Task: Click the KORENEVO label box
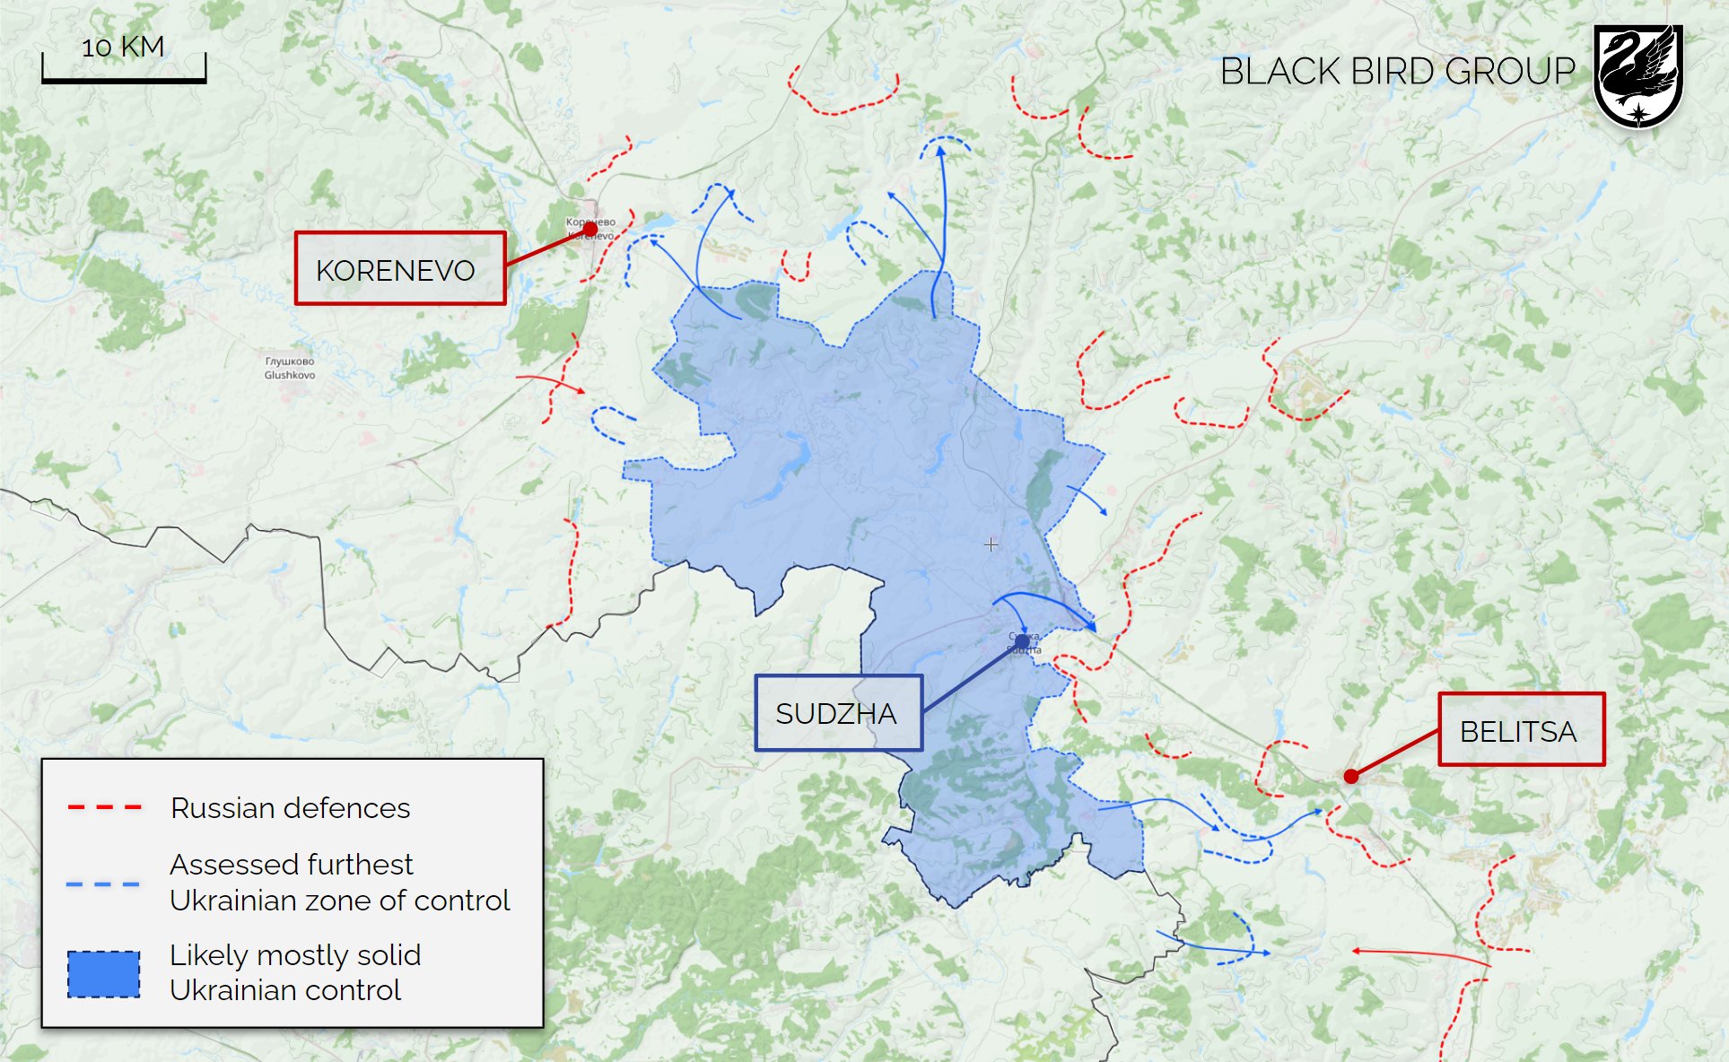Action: pyautogui.click(x=400, y=269)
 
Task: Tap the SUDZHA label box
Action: pyautogui.click(x=838, y=713)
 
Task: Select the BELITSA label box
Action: pyautogui.click(x=1521, y=729)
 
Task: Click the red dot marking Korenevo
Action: pyautogui.click(x=589, y=231)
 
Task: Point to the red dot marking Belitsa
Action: pyautogui.click(x=1350, y=777)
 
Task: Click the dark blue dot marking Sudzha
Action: pyautogui.click(x=1022, y=641)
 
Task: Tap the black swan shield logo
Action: pyautogui.click(x=1637, y=76)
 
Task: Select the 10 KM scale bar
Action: pyautogui.click(x=124, y=79)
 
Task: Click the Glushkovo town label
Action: pyautogui.click(x=290, y=369)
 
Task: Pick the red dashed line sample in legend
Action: pyautogui.click(x=104, y=808)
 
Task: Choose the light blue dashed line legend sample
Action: pyautogui.click(x=103, y=884)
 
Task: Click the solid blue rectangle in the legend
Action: pyautogui.click(x=104, y=974)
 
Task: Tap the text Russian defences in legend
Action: pyautogui.click(x=290, y=808)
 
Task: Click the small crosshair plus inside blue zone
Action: pyautogui.click(x=991, y=544)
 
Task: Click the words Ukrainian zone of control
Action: pyautogui.click(x=339, y=901)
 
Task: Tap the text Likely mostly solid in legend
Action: pyautogui.click(x=294, y=955)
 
